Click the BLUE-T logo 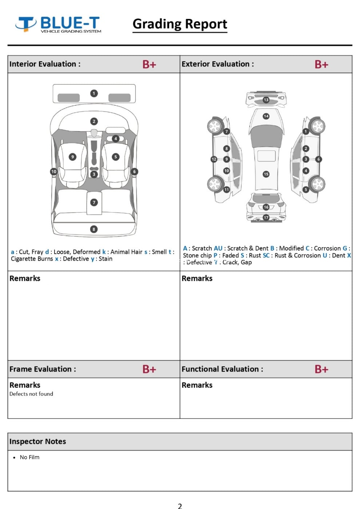pos(58,24)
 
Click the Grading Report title pos(180,24)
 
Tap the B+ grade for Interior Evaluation pos(149,64)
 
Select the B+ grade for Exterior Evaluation pos(321,64)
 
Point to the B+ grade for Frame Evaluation pos(149,369)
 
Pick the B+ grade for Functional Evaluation pos(321,369)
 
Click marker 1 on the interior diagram pos(94,93)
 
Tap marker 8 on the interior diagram pos(94,229)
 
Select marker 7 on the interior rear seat pos(94,203)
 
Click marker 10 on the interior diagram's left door pos(54,172)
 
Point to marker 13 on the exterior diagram pos(266,100)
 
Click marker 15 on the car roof pos(266,174)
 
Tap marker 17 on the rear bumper pos(266,217)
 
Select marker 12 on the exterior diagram pos(214,159)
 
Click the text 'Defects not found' pos(31,394)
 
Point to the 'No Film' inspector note pos(29,457)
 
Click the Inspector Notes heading pos(38,441)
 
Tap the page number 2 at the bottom pos(180,505)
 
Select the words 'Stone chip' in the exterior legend pos(197,255)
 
